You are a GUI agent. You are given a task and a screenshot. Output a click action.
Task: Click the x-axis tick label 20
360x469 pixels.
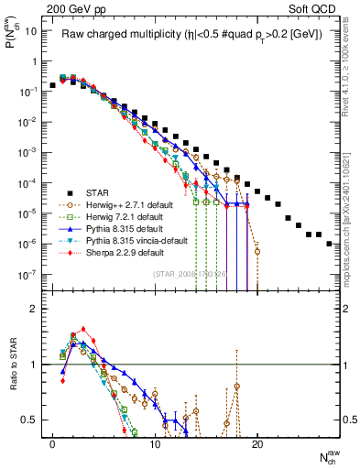[257, 443]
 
